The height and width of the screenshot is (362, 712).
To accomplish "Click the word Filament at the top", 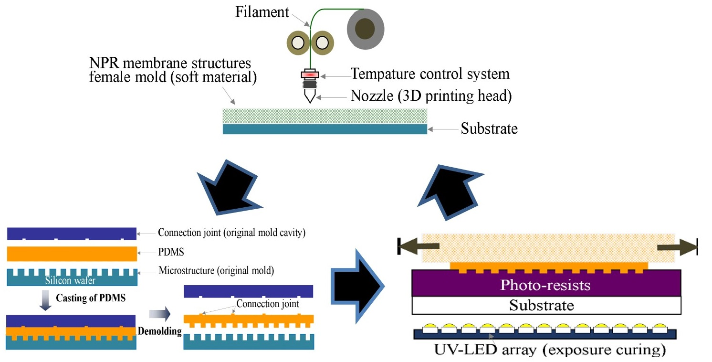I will [x=262, y=12].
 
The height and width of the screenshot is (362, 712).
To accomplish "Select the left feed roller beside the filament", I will [x=298, y=43].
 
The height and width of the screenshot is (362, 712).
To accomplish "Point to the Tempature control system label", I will [x=430, y=74].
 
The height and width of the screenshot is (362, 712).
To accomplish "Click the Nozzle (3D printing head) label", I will [x=431, y=96].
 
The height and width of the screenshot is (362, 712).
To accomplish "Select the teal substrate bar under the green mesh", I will [x=325, y=129].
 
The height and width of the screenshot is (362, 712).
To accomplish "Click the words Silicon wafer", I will [x=71, y=281].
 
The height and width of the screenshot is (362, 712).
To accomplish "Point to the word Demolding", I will [x=159, y=331].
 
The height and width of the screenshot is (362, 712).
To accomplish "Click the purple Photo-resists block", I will [x=545, y=286].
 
